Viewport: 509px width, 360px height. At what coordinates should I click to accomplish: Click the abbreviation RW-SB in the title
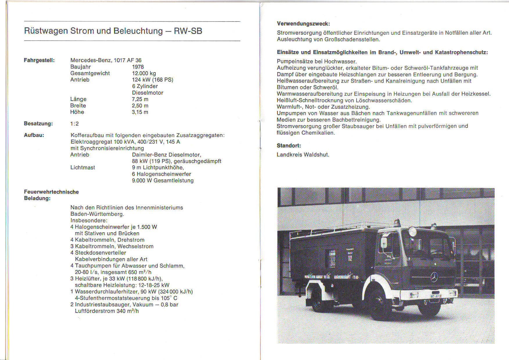(188, 31)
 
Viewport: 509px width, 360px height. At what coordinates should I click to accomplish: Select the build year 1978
(138, 67)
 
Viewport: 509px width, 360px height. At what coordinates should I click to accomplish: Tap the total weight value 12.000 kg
(144, 73)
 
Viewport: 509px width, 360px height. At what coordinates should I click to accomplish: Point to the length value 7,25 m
(140, 99)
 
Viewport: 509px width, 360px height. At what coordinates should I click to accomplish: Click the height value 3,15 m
(140, 112)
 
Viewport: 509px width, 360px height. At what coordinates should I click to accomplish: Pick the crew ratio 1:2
(74, 124)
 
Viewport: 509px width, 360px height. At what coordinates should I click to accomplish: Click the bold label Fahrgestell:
(39, 60)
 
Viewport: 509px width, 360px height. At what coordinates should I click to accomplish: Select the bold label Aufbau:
(34, 135)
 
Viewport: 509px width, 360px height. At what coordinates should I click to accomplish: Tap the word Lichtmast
(83, 168)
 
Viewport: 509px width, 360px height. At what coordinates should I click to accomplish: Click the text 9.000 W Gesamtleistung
(163, 181)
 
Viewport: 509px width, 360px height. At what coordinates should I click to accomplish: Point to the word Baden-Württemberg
(97, 214)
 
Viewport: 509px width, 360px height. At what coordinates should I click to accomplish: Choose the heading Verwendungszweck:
(303, 24)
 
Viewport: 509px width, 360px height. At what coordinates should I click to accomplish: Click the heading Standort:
(289, 145)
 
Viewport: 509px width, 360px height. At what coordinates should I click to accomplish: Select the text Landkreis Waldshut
(303, 155)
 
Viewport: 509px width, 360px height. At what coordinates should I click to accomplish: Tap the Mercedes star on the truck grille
(434, 277)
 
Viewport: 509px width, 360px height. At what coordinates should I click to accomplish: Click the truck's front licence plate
(436, 296)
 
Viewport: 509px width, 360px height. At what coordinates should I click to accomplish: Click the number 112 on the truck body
(350, 258)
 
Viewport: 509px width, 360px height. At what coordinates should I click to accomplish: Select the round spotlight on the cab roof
(412, 232)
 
